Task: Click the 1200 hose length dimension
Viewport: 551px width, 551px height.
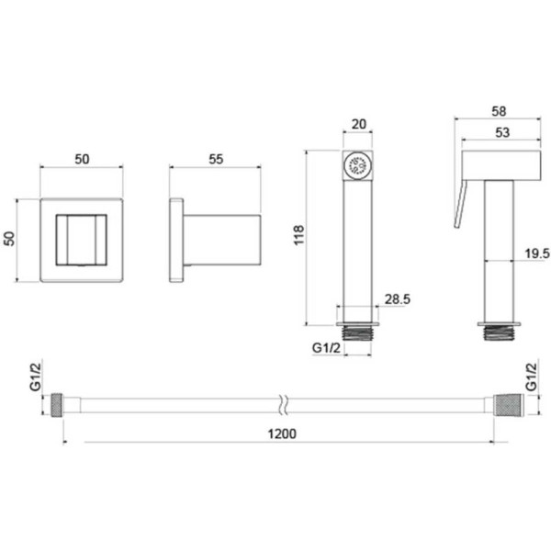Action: [282, 434]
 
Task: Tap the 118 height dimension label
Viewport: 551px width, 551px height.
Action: [298, 235]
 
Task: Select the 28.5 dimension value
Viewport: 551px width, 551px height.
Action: [398, 299]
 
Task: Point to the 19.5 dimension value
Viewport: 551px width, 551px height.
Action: [537, 253]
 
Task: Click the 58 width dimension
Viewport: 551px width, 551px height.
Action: [499, 111]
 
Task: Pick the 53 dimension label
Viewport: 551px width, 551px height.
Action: [502, 132]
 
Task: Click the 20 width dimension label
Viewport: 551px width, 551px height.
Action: [359, 124]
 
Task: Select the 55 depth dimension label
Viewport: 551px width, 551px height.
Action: [216, 159]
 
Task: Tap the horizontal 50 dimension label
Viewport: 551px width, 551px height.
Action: [82, 159]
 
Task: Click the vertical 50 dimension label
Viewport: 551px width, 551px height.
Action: [9, 239]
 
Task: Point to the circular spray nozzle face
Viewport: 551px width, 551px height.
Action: [357, 165]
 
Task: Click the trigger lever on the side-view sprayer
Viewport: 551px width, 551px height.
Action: [461, 203]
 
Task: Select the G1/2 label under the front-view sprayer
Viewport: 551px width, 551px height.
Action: [326, 348]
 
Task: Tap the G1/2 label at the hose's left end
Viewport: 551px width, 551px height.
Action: [35, 377]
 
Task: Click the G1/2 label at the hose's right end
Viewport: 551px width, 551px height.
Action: [531, 377]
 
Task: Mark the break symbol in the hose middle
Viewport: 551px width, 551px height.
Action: [285, 406]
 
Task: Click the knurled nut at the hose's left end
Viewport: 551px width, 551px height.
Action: [57, 405]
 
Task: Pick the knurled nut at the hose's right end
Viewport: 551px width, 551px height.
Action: [509, 405]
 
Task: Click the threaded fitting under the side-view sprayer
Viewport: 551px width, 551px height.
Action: [499, 332]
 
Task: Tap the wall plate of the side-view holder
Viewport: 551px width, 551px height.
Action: [176, 241]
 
